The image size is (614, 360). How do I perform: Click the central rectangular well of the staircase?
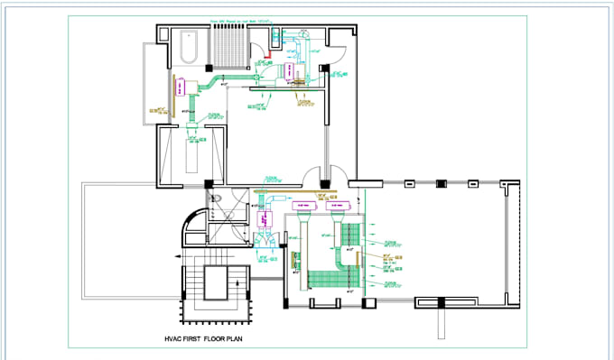[x=218, y=288]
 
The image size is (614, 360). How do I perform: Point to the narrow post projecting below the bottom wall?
[x=442, y=317]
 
